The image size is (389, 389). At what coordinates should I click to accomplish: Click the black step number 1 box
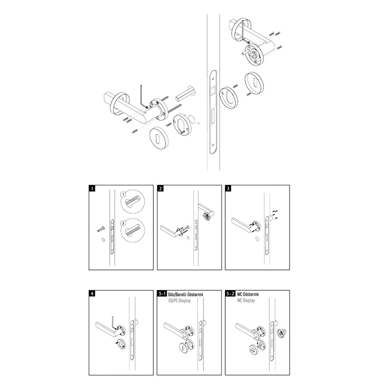coord(92,188)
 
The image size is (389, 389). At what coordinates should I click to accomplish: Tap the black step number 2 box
coord(160,188)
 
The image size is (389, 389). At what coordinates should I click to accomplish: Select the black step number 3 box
coord(228,188)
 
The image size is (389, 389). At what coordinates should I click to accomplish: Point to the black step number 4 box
coord(92,293)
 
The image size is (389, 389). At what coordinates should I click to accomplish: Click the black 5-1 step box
coord(162,293)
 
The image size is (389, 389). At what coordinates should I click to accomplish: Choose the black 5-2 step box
coord(230,293)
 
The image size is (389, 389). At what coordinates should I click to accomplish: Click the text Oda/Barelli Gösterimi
coord(185,294)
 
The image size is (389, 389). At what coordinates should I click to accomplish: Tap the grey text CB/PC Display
coord(180,301)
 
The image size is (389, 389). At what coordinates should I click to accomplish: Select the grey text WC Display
coord(246,301)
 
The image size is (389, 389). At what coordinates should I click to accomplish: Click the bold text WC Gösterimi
coord(248,294)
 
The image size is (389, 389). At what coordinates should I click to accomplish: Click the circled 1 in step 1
coord(123,194)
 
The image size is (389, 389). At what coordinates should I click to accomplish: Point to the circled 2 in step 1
coord(123,223)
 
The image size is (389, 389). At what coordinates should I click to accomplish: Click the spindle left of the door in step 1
coord(101,229)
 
